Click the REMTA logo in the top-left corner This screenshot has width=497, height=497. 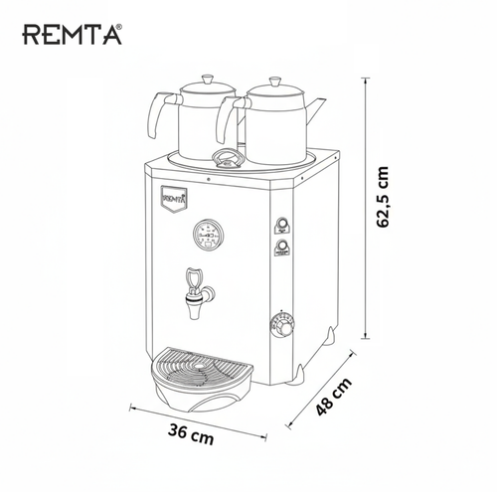coord(71,36)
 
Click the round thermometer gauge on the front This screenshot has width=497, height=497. coord(208,235)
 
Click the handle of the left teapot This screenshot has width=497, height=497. coord(156,114)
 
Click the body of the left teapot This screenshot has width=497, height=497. coord(198,124)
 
